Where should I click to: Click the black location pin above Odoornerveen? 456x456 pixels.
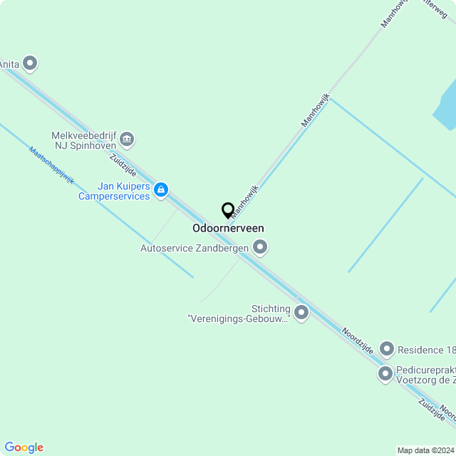click(x=228, y=211)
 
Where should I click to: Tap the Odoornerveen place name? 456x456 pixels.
click(x=228, y=229)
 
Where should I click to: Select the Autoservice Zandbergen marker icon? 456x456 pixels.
click(x=260, y=248)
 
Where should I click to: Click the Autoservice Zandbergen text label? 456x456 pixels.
click(x=194, y=248)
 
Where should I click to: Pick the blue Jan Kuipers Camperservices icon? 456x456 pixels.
click(x=162, y=190)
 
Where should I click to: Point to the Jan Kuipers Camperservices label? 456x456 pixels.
click(x=114, y=191)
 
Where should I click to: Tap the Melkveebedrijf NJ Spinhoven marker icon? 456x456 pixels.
click(x=127, y=139)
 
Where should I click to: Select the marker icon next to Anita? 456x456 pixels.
click(x=30, y=64)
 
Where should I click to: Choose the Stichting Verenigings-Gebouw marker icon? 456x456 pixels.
click(x=301, y=312)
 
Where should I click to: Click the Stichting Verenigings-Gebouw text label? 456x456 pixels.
click(x=239, y=313)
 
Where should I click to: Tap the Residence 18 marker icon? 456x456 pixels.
click(x=387, y=349)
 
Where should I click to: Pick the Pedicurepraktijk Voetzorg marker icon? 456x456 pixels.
click(x=385, y=373)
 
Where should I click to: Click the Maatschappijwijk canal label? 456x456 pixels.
click(x=51, y=165)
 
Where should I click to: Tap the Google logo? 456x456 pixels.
click(x=24, y=447)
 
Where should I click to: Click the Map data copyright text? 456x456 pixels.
click(x=425, y=450)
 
